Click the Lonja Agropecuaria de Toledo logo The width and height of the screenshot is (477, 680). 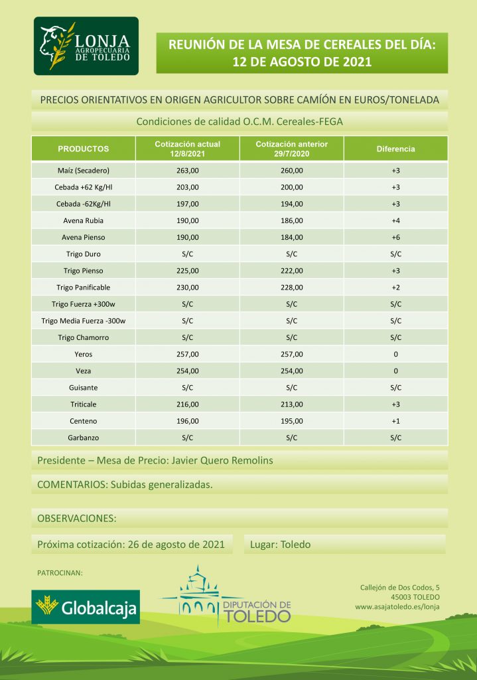click(x=86, y=46)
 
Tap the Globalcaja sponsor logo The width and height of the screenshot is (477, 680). click(x=86, y=606)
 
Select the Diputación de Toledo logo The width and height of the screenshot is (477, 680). click(x=235, y=596)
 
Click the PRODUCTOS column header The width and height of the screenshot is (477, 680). click(x=84, y=149)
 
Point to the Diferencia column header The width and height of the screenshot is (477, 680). click(x=395, y=149)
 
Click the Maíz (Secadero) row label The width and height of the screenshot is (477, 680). click(x=84, y=170)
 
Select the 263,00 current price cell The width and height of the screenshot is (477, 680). click(x=187, y=170)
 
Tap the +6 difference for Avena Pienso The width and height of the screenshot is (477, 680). click(x=395, y=237)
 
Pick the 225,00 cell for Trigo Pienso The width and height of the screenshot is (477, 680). click(x=187, y=271)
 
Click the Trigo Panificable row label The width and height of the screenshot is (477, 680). click(x=84, y=288)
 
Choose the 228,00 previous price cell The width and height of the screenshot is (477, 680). click(x=292, y=288)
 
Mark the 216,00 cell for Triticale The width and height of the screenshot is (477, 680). click(x=187, y=404)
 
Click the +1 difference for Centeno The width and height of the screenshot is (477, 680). click(x=395, y=421)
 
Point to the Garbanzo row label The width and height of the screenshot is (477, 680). click(x=84, y=438)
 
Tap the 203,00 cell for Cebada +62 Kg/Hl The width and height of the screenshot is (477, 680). click(x=187, y=187)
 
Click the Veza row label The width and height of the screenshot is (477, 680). click(x=84, y=371)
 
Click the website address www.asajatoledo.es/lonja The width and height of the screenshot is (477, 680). click(x=397, y=606)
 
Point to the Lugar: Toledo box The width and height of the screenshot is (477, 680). click(x=280, y=545)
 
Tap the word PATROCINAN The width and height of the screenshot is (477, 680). click(x=60, y=572)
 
